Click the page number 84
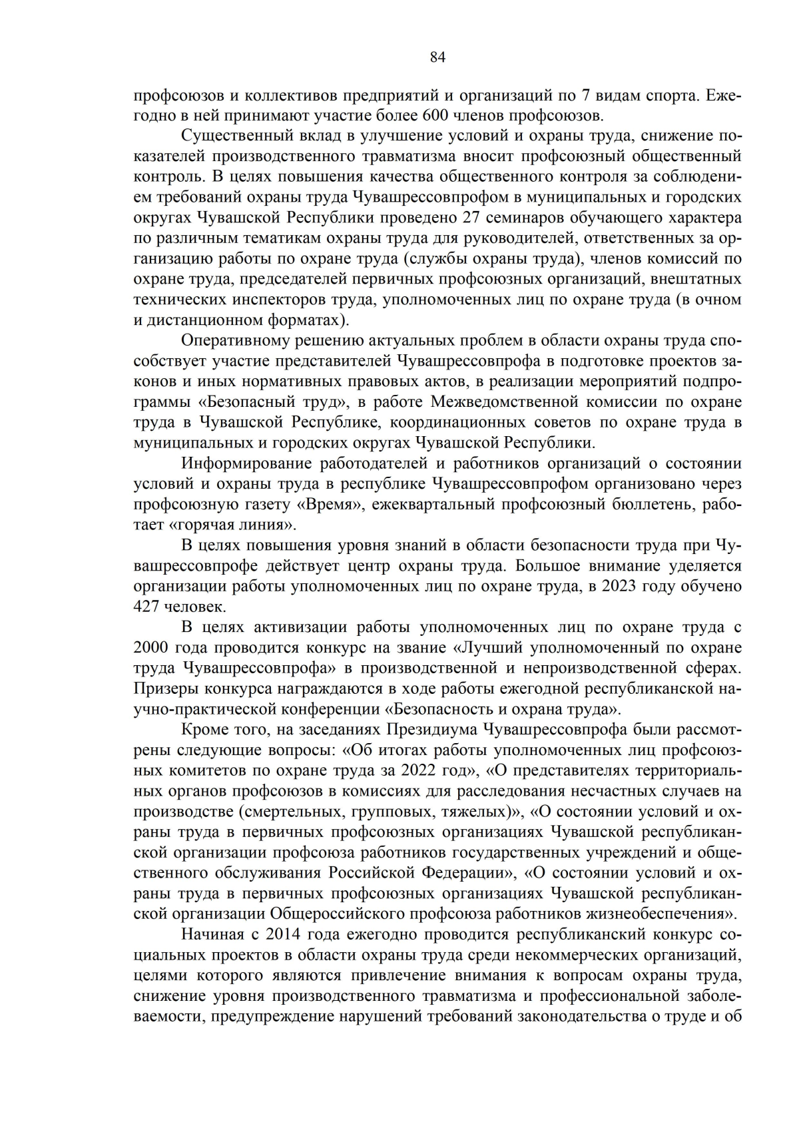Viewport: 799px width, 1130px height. pyautogui.click(x=437, y=57)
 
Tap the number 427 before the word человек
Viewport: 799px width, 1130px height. pyautogui.click(x=147, y=607)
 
